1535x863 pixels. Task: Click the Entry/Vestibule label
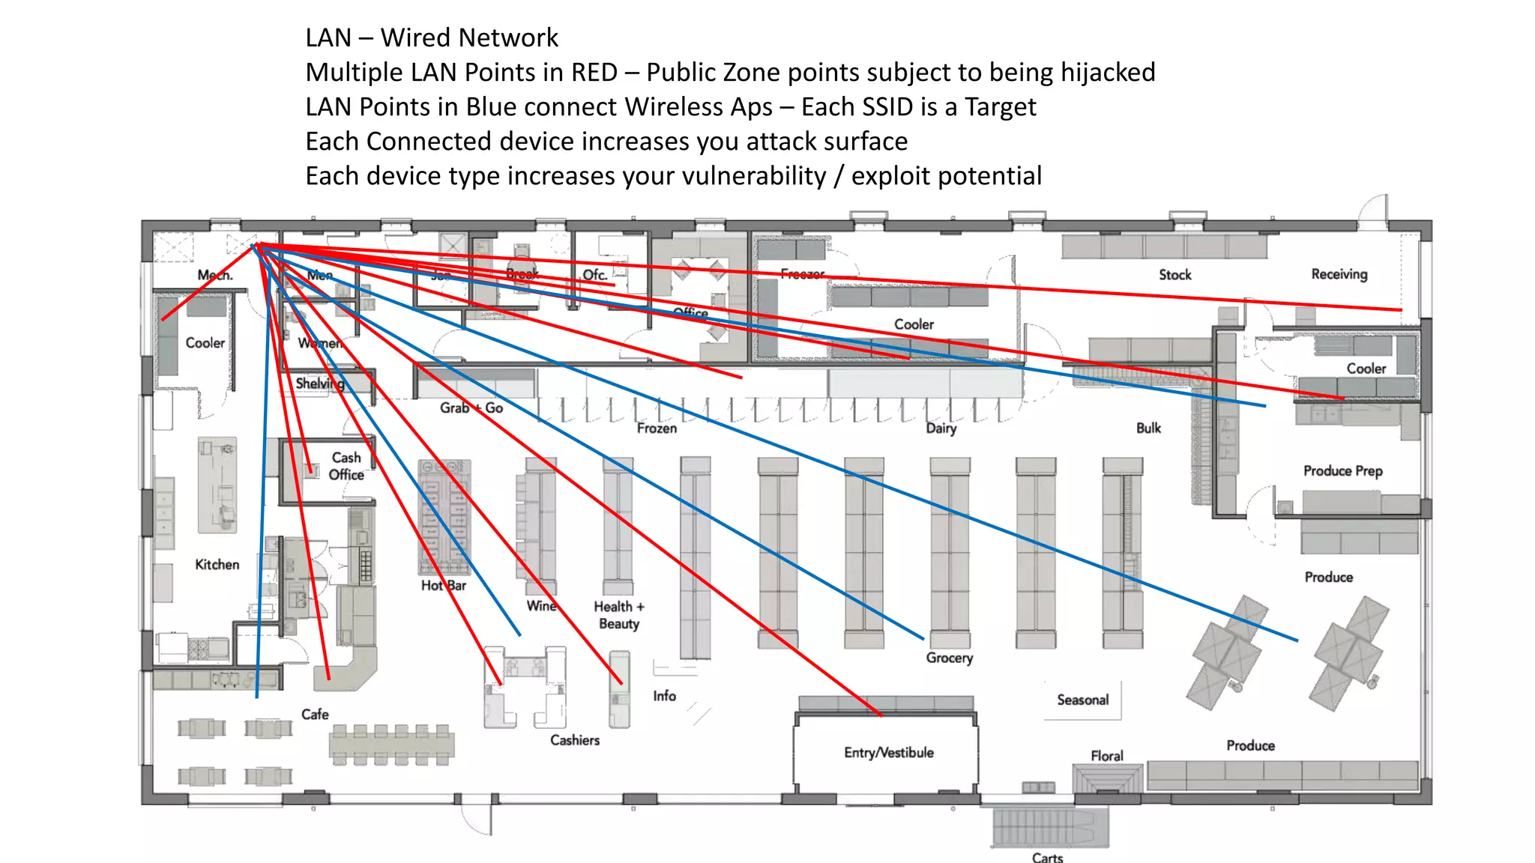click(x=888, y=752)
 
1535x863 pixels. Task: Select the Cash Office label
click(x=346, y=466)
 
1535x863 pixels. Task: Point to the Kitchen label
click(x=217, y=564)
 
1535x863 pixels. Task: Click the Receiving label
click(x=1339, y=274)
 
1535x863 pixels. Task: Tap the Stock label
click(x=1174, y=275)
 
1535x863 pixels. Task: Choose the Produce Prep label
click(x=1342, y=470)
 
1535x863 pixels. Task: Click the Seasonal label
click(x=1082, y=700)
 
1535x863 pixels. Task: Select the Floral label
click(x=1106, y=756)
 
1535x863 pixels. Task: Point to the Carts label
click(x=1047, y=857)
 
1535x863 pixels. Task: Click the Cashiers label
click(x=575, y=740)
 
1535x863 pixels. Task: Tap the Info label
click(x=664, y=696)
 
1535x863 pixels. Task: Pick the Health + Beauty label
click(x=619, y=615)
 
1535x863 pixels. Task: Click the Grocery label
click(x=949, y=658)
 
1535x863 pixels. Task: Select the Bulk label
click(x=1148, y=428)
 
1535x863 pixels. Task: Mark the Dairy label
click(x=941, y=428)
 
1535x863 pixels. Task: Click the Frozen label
click(x=657, y=428)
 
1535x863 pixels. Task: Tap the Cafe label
click(x=315, y=714)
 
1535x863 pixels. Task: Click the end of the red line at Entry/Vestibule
click(x=881, y=715)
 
